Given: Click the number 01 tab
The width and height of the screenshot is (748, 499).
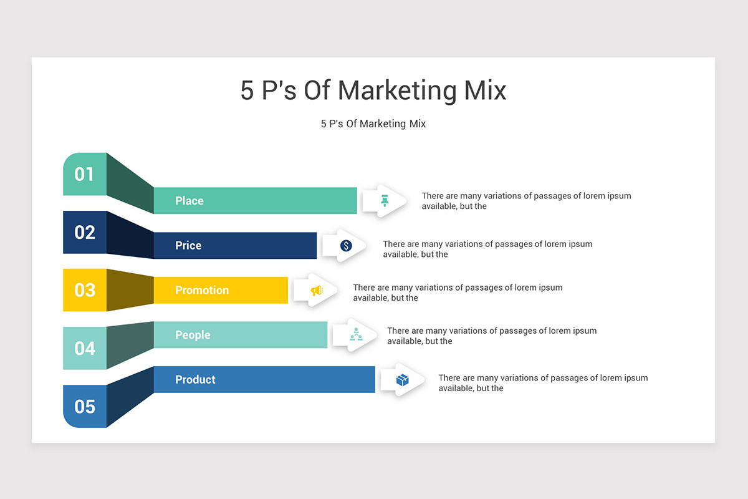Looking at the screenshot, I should pyautogui.click(x=85, y=174).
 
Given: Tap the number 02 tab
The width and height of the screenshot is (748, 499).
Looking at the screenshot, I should pyautogui.click(x=85, y=232).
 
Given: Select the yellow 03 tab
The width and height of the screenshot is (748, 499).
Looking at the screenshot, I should pyautogui.click(x=85, y=290).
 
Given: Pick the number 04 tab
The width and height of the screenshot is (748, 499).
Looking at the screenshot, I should pyautogui.click(x=85, y=348).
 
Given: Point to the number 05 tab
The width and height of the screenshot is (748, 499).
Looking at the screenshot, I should pyautogui.click(x=85, y=407).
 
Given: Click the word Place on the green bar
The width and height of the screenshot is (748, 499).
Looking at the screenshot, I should pyautogui.click(x=189, y=201).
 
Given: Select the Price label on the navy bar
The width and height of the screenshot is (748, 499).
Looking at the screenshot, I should pyautogui.click(x=188, y=246).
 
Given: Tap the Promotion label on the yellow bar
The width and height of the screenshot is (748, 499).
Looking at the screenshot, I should pyautogui.click(x=202, y=290).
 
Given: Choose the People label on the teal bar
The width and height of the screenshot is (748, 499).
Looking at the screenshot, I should pyautogui.click(x=193, y=335).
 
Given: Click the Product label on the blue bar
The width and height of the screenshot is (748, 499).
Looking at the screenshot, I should pyautogui.click(x=195, y=379).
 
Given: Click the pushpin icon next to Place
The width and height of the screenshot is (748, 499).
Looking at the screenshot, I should pyautogui.click(x=385, y=200).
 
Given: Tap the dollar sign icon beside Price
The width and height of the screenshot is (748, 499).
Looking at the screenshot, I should pyautogui.click(x=346, y=246).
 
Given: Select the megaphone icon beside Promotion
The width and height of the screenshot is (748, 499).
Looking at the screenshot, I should pyautogui.click(x=317, y=290).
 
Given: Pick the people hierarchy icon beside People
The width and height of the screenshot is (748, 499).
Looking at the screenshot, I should pyautogui.click(x=356, y=334).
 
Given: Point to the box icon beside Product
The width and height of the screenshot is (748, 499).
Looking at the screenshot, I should pyautogui.click(x=403, y=379).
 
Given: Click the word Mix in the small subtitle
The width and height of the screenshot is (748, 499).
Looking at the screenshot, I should pyautogui.click(x=417, y=124).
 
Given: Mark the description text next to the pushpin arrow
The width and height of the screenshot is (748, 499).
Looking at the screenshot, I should pyautogui.click(x=526, y=201).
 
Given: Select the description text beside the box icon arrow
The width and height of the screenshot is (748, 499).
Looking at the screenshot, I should pyautogui.click(x=543, y=383).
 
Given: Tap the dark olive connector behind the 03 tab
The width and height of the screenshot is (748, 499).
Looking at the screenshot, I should pyautogui.click(x=130, y=290).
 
